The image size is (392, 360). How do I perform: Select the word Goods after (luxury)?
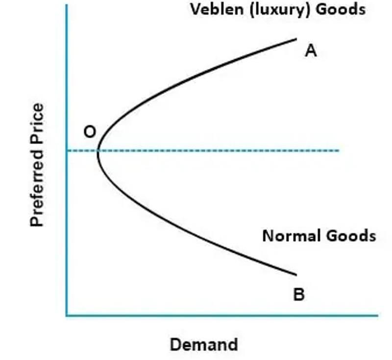click(x=340, y=10)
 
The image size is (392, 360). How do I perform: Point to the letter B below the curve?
click(x=299, y=294)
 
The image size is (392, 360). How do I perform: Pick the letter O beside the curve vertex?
click(x=90, y=131)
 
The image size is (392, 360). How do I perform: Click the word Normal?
click(x=292, y=236)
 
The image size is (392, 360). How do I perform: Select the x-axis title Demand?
click(x=204, y=344)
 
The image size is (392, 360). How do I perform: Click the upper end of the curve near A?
click(x=296, y=39)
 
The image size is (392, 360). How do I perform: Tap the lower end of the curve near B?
click(x=296, y=275)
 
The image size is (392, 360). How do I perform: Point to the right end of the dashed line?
click(x=339, y=151)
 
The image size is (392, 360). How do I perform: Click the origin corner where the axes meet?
click(x=67, y=316)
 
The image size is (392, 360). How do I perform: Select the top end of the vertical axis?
click(x=67, y=5)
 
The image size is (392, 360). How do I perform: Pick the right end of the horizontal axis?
click(x=377, y=316)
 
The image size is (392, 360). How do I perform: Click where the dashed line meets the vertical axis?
click(x=67, y=151)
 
